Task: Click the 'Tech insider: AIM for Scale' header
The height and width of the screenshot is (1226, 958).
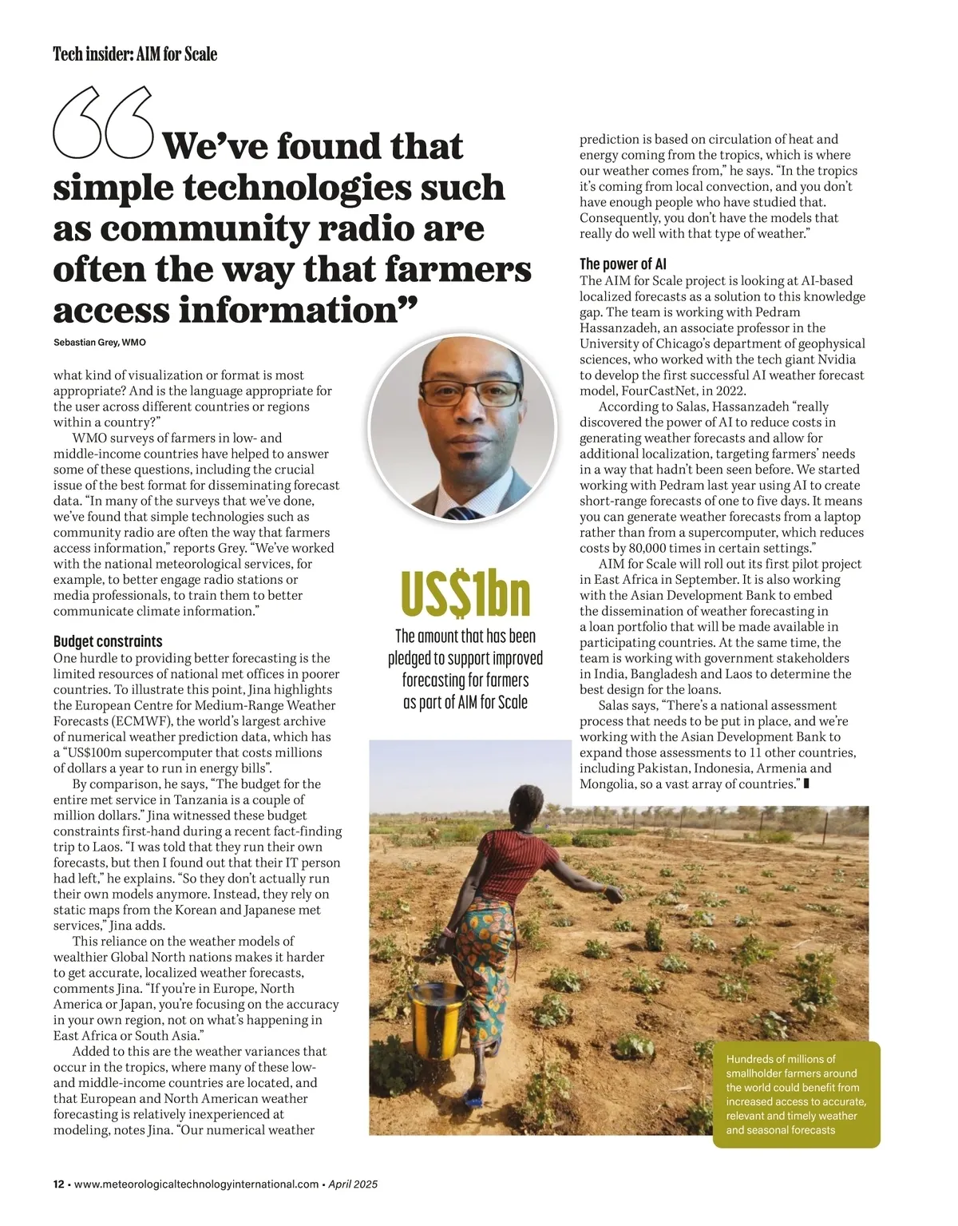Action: click(135, 54)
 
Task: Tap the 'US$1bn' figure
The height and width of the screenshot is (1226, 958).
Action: click(465, 593)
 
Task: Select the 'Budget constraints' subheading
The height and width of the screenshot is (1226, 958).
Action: click(108, 641)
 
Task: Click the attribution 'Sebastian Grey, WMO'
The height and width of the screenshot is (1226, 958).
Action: click(100, 343)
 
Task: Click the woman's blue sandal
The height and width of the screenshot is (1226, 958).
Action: click(474, 1100)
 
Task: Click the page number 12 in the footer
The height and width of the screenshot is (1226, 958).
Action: click(59, 1184)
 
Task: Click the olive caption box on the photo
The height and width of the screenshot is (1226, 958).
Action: click(795, 1094)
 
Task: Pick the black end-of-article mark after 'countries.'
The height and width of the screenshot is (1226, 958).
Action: click(806, 784)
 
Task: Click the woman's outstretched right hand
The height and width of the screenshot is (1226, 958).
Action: click(612, 895)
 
